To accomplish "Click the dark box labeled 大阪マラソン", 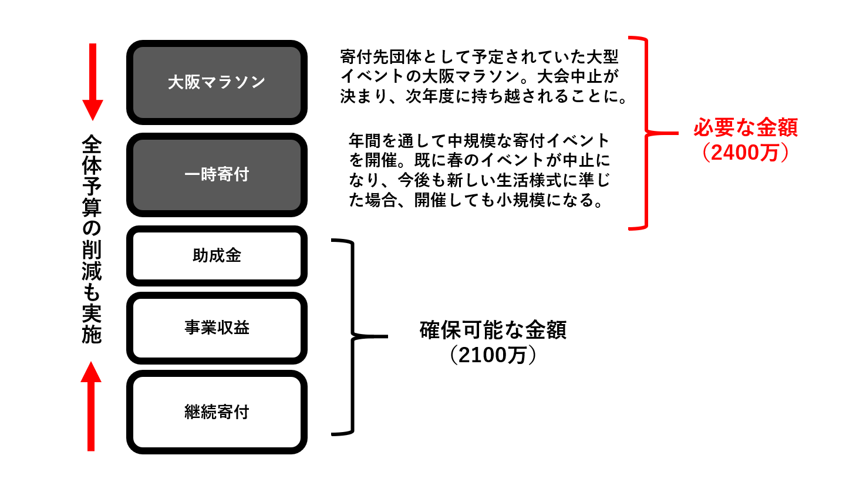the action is tap(217, 82).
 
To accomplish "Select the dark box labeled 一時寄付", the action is tap(217, 175).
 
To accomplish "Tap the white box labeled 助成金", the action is tap(217, 256).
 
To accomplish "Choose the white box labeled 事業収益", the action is tap(217, 328).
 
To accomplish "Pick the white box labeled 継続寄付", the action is tap(217, 412).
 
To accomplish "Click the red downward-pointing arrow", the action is tap(93, 82).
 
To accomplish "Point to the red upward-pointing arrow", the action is tap(91, 406).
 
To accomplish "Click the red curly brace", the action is tap(646, 133).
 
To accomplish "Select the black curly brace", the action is tap(352, 336).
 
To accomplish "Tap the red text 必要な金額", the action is tap(746, 127).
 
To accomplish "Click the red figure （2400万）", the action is tap(746, 153).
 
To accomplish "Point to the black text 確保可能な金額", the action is tap(493, 330).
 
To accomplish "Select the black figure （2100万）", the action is tap(493, 355).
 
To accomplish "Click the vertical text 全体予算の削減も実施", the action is tap(92, 239).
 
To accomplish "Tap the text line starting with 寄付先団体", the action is tap(479, 57).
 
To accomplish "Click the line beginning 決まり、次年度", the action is tap(484, 96).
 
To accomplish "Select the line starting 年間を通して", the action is tap(479, 141).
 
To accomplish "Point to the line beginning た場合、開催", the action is tap(476, 200).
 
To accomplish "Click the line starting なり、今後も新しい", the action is tap(479, 180).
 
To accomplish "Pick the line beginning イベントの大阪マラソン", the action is tap(480, 76).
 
